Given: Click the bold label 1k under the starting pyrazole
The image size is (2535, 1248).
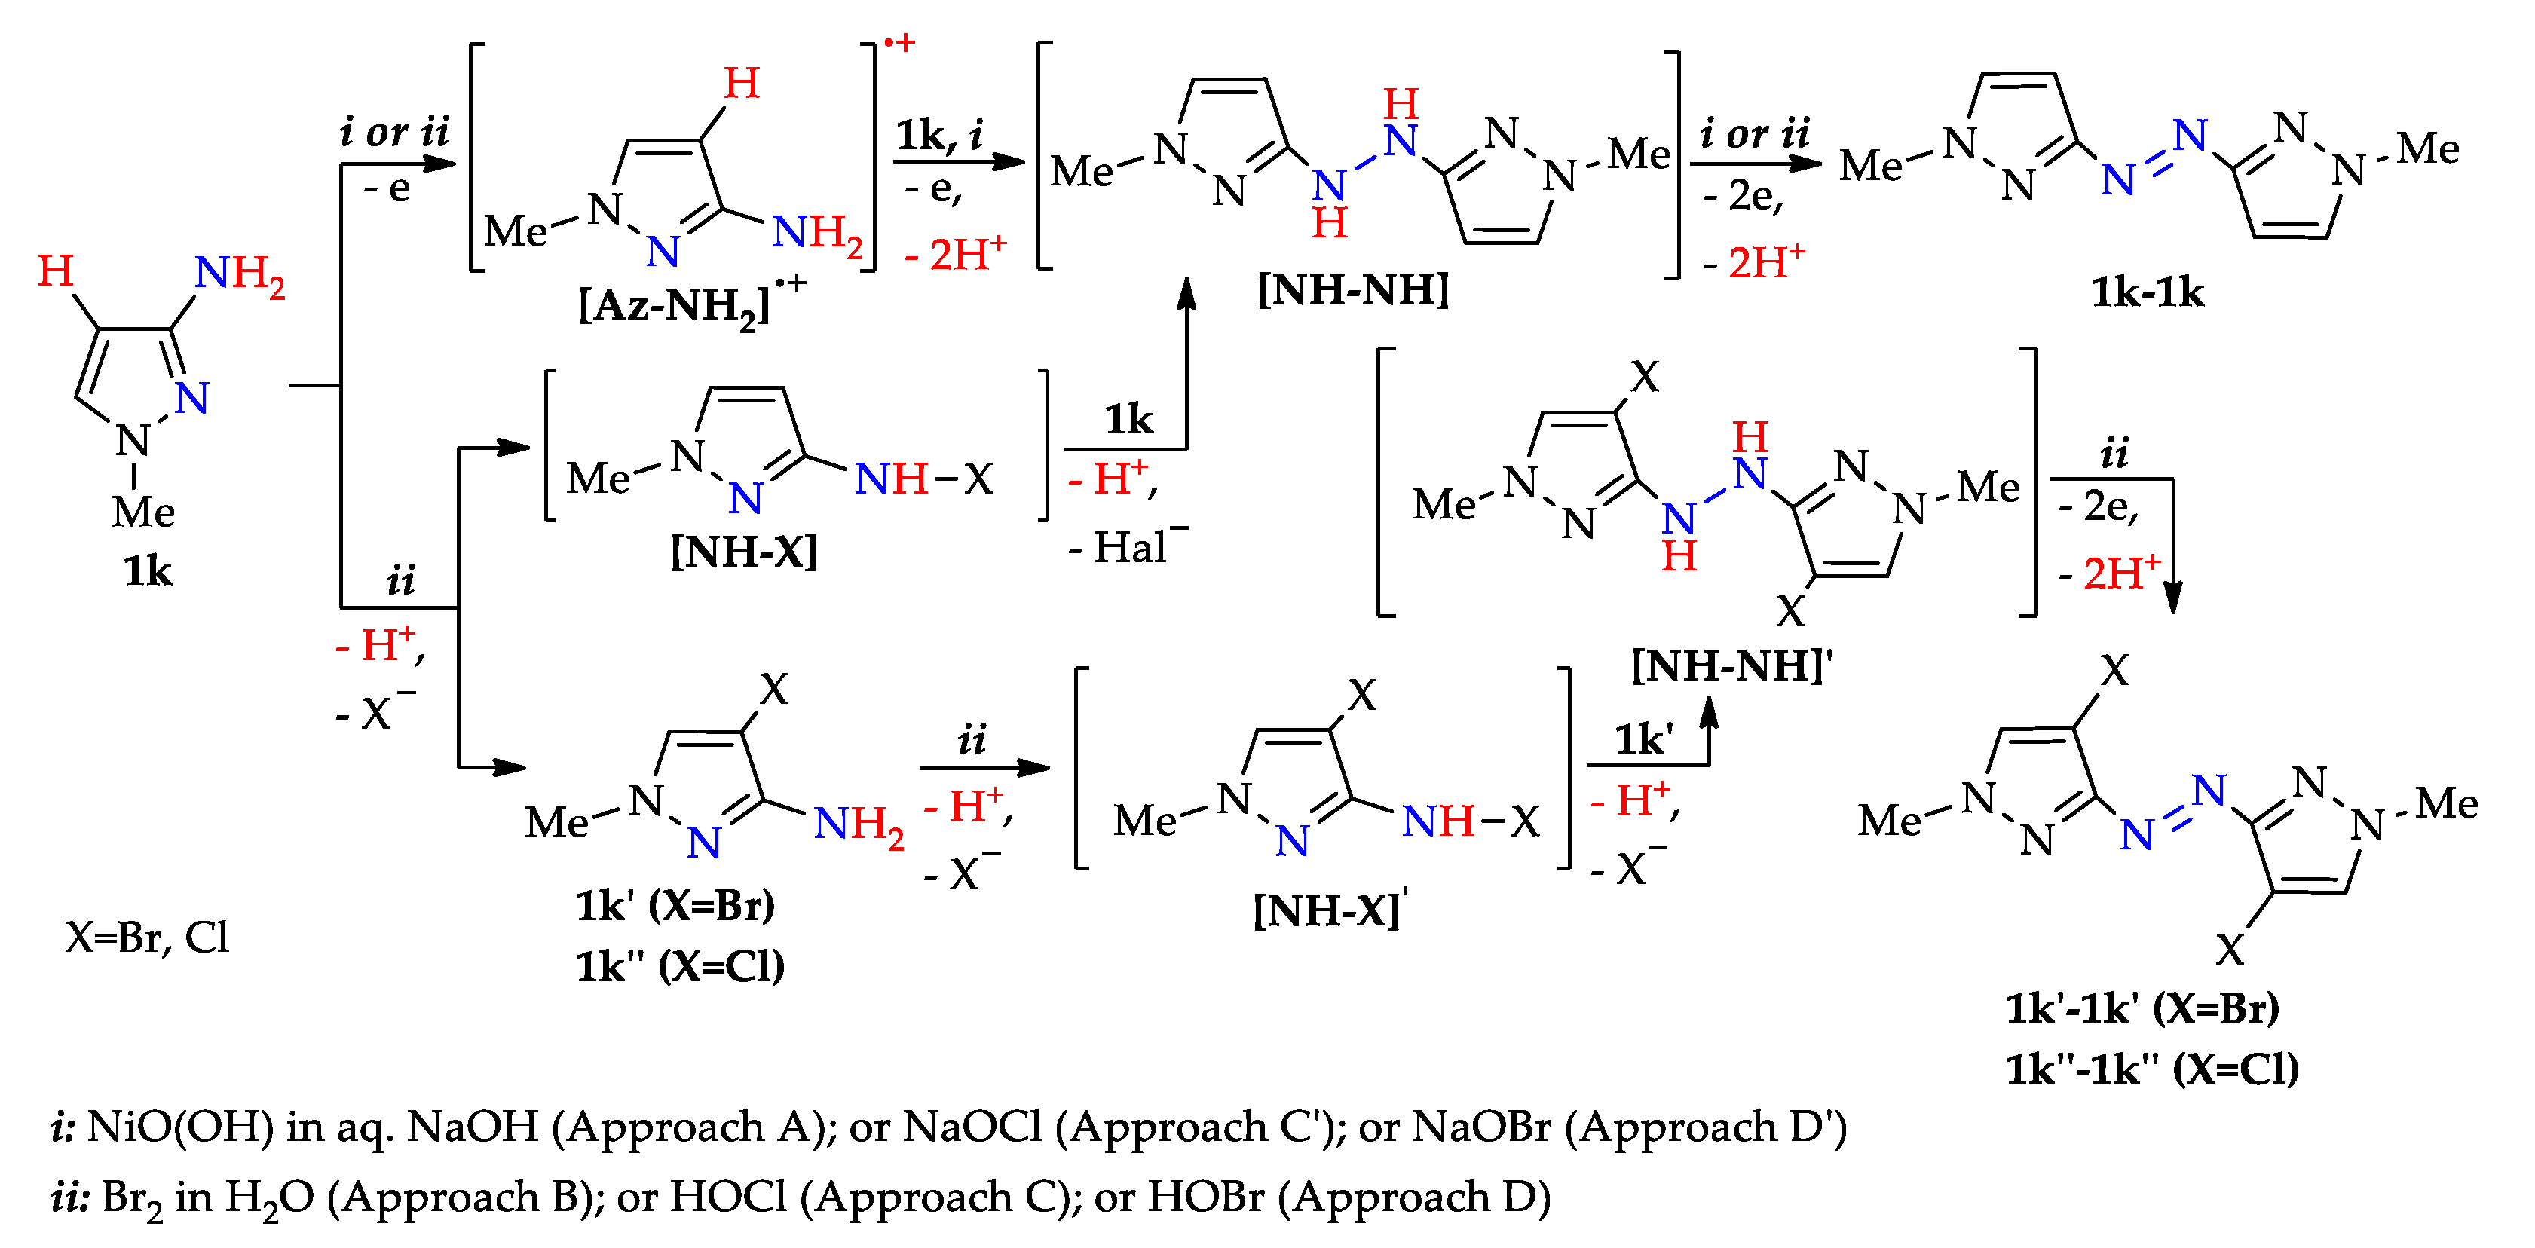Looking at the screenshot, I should click(x=148, y=570).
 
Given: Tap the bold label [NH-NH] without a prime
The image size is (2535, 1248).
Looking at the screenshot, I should click(x=1353, y=289).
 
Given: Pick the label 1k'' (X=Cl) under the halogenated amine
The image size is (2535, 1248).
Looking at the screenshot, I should click(x=680, y=966).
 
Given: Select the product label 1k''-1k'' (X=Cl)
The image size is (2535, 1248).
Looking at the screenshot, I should click(x=2151, y=1069).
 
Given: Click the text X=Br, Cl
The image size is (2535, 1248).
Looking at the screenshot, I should click(x=147, y=937).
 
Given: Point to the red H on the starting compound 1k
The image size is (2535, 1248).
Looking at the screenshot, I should click(x=56, y=271).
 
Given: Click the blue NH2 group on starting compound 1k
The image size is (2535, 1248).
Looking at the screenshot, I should click(x=239, y=274).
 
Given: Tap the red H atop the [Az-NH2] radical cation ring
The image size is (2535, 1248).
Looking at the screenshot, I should click(x=741, y=84).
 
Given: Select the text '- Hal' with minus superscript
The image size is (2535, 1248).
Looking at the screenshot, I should click(x=1128, y=546).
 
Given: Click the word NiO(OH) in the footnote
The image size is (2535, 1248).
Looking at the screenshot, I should click(x=180, y=1127).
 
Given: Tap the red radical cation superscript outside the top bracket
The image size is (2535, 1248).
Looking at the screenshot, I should click(x=899, y=43).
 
